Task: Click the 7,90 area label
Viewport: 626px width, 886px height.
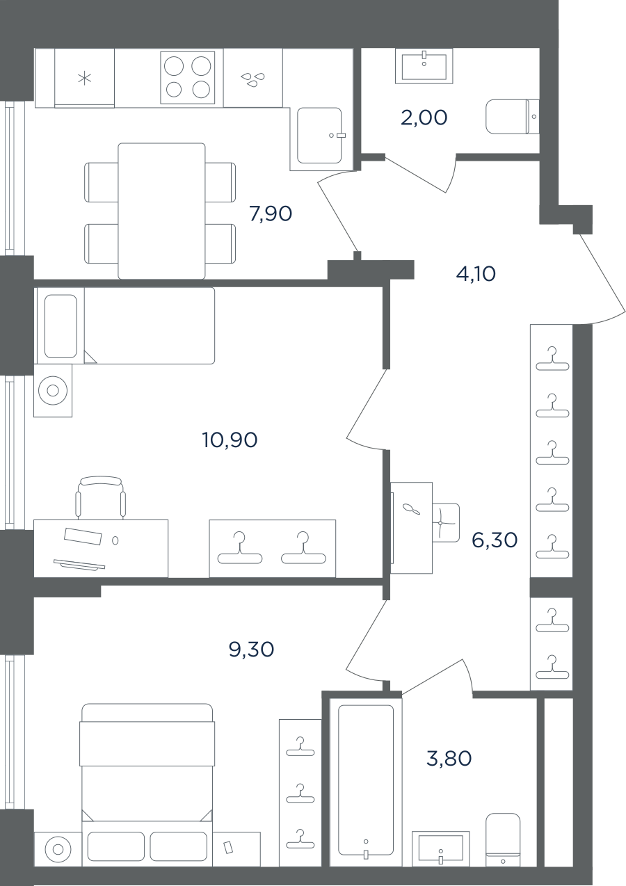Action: click(x=271, y=214)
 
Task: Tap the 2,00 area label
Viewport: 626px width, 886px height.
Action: click(x=424, y=118)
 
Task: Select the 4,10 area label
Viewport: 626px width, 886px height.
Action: click(x=476, y=274)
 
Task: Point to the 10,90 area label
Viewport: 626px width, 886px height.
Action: click(x=230, y=440)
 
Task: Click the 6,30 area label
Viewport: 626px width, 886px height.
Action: click(x=495, y=540)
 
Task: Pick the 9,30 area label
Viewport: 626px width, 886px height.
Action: click(x=251, y=650)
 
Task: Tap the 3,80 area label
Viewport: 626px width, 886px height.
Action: click(x=449, y=759)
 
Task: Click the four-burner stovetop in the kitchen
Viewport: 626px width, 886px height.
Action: click(x=188, y=77)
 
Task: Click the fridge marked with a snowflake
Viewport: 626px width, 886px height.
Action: click(x=84, y=78)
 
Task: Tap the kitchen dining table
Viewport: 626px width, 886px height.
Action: click(x=161, y=211)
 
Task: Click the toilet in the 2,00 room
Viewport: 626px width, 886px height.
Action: click(x=512, y=117)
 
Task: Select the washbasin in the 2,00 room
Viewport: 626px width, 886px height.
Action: click(x=424, y=65)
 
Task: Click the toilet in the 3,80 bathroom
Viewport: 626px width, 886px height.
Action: click(x=503, y=837)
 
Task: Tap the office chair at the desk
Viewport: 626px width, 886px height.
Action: click(x=101, y=497)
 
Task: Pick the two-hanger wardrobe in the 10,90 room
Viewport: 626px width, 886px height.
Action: click(x=272, y=548)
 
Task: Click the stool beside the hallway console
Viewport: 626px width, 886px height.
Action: click(x=446, y=522)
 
